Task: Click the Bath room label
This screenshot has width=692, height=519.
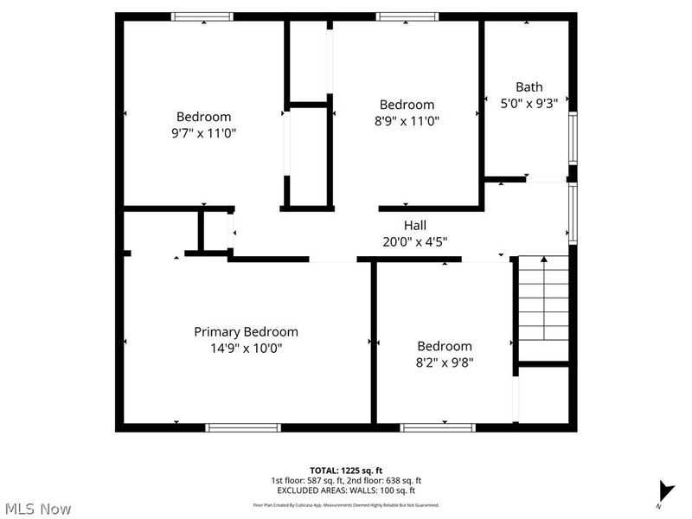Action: click(x=529, y=86)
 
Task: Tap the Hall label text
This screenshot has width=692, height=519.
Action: click(x=415, y=226)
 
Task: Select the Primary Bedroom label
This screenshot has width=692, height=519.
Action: click(x=246, y=332)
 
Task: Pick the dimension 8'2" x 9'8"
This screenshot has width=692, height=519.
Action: click(x=445, y=362)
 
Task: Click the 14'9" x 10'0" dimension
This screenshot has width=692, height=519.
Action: click(x=246, y=349)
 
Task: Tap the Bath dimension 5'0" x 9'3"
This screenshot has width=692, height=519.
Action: click(x=529, y=102)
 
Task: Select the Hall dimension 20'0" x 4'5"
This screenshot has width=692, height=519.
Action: click(x=415, y=242)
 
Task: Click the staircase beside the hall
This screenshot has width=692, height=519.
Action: click(x=542, y=308)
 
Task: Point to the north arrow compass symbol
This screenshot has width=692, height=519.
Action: click(x=664, y=490)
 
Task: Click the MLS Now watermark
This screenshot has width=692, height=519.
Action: click(x=37, y=509)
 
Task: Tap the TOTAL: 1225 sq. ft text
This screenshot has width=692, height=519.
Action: click(x=346, y=471)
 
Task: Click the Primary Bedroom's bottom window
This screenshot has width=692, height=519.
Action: click(x=243, y=427)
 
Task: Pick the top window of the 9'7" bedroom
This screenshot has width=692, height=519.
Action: click(x=202, y=16)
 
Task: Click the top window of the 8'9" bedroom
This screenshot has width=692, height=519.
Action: click(x=407, y=16)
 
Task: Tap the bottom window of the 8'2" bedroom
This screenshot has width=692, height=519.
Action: click(x=438, y=427)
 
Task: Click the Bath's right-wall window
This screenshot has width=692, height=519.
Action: click(x=573, y=138)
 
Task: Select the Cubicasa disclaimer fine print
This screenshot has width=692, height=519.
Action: click(x=346, y=504)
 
